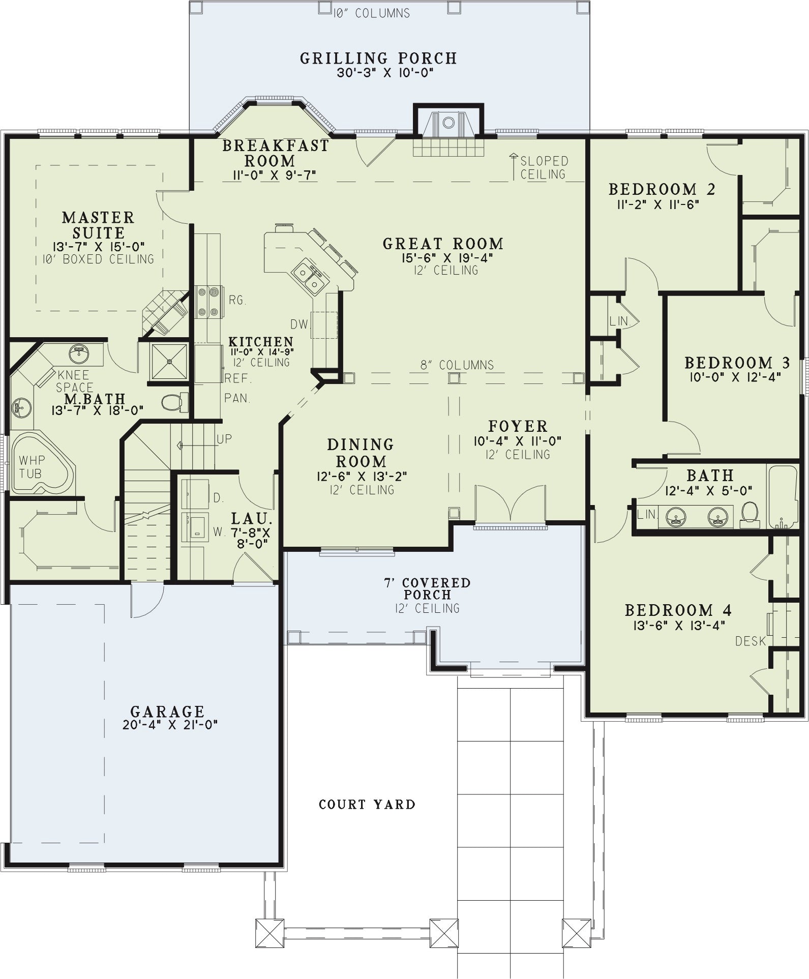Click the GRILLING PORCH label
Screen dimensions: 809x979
coord(378,58)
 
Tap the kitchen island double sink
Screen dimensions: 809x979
coord(310,276)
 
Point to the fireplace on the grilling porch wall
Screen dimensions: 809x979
coord(448,122)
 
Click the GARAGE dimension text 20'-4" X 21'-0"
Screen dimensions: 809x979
coord(170,725)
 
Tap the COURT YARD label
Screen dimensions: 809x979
coord(367,804)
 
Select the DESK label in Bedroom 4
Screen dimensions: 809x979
coord(751,641)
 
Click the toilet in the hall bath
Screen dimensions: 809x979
coord(750,513)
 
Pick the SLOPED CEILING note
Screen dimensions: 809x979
coord(543,168)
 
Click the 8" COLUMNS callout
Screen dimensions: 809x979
coord(457,365)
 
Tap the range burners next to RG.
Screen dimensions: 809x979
coord(208,302)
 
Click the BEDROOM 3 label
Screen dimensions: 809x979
coord(737,363)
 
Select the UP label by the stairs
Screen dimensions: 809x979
coord(224,439)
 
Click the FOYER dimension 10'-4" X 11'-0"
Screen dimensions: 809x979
coord(518,441)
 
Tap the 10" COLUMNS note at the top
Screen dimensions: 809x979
coord(372,13)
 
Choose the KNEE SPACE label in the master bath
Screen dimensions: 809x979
coord(74,381)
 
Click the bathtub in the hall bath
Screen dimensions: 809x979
coord(783,496)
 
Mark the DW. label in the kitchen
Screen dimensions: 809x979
coord(300,324)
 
